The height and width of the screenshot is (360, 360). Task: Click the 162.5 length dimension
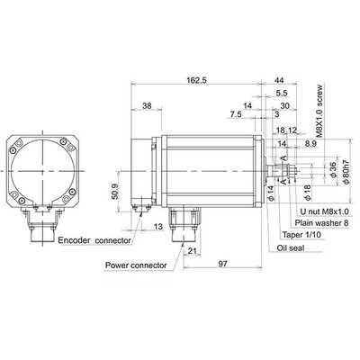196,80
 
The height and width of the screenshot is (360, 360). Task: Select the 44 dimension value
279,80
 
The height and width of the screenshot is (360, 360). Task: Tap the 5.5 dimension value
282,94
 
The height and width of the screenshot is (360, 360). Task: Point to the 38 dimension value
147,105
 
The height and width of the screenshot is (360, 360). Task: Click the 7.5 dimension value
236,114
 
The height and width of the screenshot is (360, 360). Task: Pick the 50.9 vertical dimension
114,192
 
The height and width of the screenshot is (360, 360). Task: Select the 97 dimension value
222,264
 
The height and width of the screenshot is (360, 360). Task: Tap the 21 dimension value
193,251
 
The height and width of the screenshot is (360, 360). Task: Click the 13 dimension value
158,227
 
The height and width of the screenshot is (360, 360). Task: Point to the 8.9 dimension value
310,144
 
